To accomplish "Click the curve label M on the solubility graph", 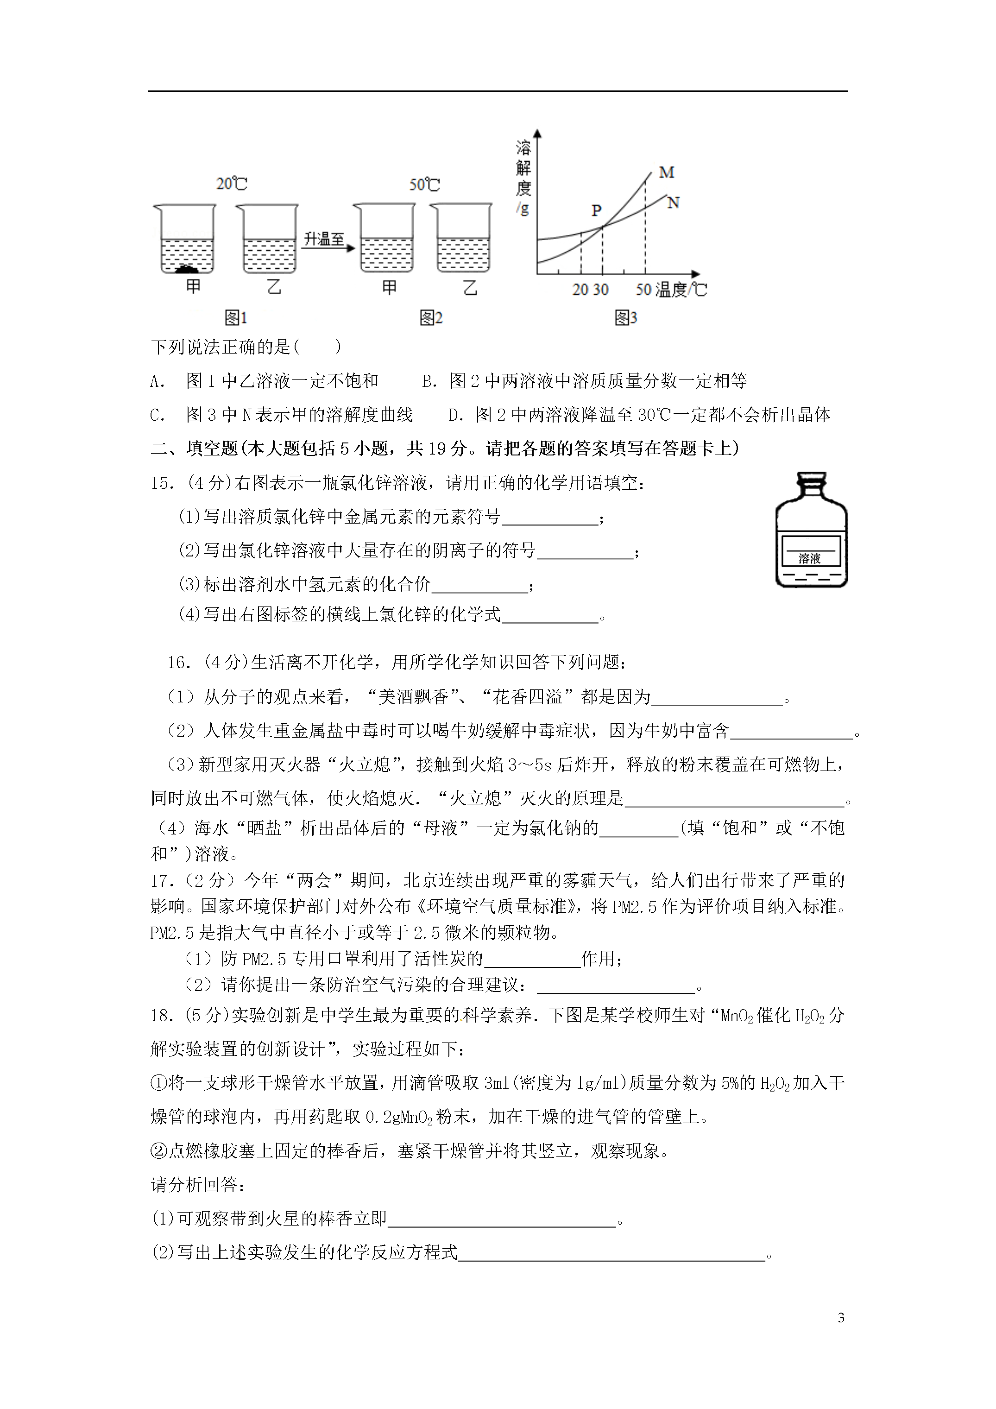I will click(667, 172).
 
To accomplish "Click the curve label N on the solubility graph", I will click(673, 202).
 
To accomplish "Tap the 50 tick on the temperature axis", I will click(643, 290).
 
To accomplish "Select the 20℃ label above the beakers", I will click(231, 183).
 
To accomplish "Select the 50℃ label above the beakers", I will click(425, 185).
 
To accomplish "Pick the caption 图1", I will click(236, 318).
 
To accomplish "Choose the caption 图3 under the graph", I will click(626, 318).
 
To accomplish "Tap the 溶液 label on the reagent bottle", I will click(809, 558).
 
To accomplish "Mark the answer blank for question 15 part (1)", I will click(550, 518).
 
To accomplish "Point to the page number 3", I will click(841, 1318).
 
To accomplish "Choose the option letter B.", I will click(429, 382).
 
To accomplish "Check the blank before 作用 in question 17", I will click(532, 960).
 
